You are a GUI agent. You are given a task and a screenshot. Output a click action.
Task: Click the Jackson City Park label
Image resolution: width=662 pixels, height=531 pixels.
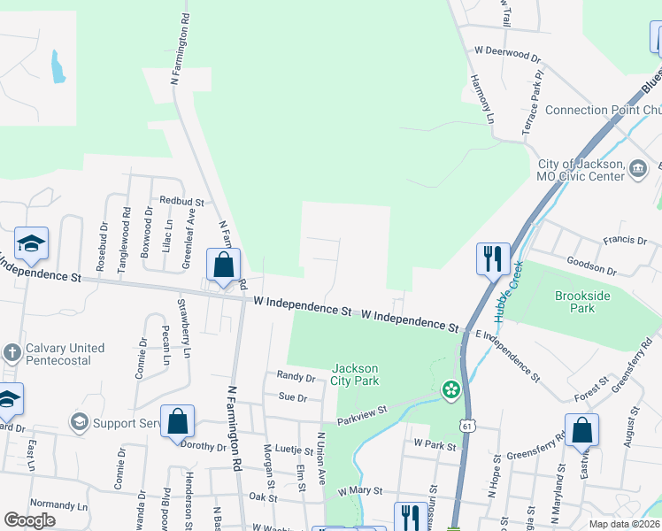pyautogui.click(x=355, y=374)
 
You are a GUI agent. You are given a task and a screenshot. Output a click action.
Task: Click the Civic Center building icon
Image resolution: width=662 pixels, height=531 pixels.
pyautogui.click(x=638, y=168)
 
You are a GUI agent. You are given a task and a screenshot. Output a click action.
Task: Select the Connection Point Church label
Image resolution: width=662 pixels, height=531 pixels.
pyautogui.click(x=603, y=110)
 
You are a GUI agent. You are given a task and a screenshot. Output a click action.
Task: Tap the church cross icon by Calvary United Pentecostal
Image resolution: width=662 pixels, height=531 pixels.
pyautogui.click(x=12, y=354)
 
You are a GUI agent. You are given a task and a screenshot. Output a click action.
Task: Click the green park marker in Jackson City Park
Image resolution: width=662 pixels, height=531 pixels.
pyautogui.click(x=450, y=389)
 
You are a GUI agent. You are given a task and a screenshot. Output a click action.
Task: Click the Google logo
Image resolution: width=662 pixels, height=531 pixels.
pyautogui.click(x=29, y=520)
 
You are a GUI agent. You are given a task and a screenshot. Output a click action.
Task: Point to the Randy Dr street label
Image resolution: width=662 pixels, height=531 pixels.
pyautogui.click(x=296, y=376)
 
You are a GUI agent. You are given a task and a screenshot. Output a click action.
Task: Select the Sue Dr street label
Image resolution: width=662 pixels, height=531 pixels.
pyautogui.click(x=292, y=398)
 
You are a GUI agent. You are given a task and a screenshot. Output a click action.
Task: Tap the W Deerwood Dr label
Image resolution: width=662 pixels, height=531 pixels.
pyautogui.click(x=508, y=53)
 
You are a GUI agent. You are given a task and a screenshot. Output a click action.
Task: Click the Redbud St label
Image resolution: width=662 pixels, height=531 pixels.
pyautogui.click(x=181, y=203)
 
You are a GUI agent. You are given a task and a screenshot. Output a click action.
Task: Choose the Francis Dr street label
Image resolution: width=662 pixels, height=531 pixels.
pyautogui.click(x=625, y=240)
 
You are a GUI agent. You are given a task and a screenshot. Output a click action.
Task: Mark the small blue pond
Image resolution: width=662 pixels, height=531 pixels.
pyautogui.click(x=58, y=66)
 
